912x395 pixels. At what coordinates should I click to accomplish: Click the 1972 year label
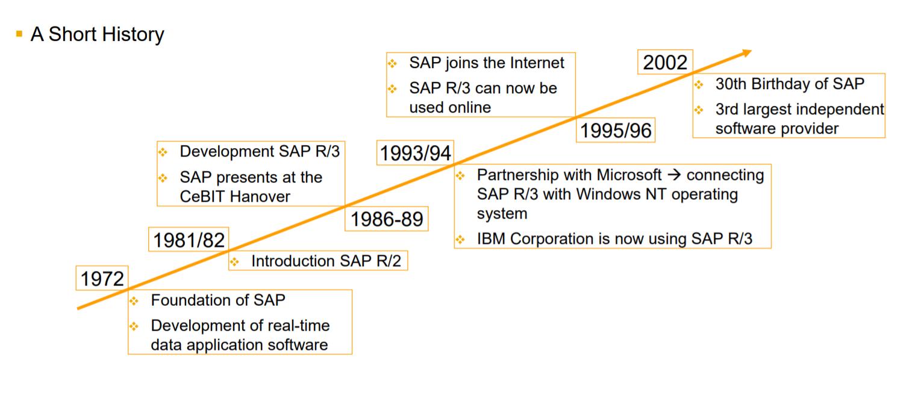pyautogui.click(x=102, y=278)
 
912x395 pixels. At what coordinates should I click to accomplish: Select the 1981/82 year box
pyautogui.click(x=189, y=240)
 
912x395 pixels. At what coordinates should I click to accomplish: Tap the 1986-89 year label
pyautogui.click(x=387, y=219)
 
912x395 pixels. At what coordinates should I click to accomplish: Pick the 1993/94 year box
pyautogui.click(x=415, y=154)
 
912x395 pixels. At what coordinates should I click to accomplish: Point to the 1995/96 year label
pyautogui.click(x=615, y=131)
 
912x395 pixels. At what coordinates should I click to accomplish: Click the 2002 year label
pyautogui.click(x=665, y=63)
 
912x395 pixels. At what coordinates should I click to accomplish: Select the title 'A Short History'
pyautogui.click(x=97, y=34)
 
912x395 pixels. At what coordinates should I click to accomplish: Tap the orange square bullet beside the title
pyautogui.click(x=19, y=33)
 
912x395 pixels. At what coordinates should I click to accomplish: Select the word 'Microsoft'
pyautogui.click(x=629, y=175)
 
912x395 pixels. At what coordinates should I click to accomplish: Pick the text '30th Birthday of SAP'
pyautogui.click(x=789, y=84)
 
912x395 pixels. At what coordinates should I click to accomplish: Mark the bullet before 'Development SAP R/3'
pyautogui.click(x=163, y=152)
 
